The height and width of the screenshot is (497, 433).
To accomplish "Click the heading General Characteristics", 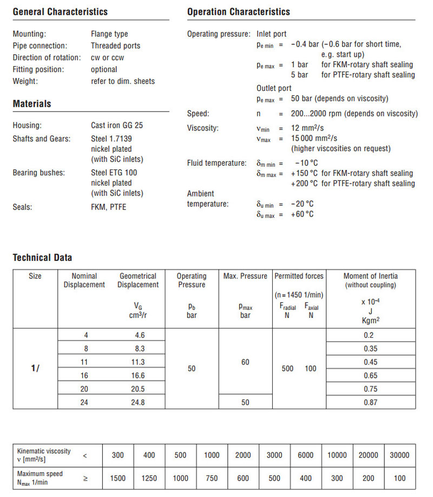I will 60,11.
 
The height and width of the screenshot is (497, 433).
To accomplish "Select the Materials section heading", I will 32,103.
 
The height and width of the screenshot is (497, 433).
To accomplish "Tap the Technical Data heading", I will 42,258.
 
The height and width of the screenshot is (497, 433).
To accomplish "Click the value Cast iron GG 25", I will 117,126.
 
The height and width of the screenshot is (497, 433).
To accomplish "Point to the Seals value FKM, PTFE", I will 108,207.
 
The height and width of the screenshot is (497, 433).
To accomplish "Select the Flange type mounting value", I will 109,34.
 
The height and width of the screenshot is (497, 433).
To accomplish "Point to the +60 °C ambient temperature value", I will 302,214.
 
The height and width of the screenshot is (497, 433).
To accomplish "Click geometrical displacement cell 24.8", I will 140,402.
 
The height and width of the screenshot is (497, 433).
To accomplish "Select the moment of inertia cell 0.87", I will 371,402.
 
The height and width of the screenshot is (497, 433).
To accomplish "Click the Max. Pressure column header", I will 245,276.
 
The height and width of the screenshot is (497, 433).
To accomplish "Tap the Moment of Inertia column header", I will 371,276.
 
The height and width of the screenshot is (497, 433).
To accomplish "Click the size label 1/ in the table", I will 35,369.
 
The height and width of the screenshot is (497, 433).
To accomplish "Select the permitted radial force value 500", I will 287,369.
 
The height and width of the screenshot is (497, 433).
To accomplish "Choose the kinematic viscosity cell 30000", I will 399,455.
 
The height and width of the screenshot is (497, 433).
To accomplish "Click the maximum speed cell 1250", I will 149,478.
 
